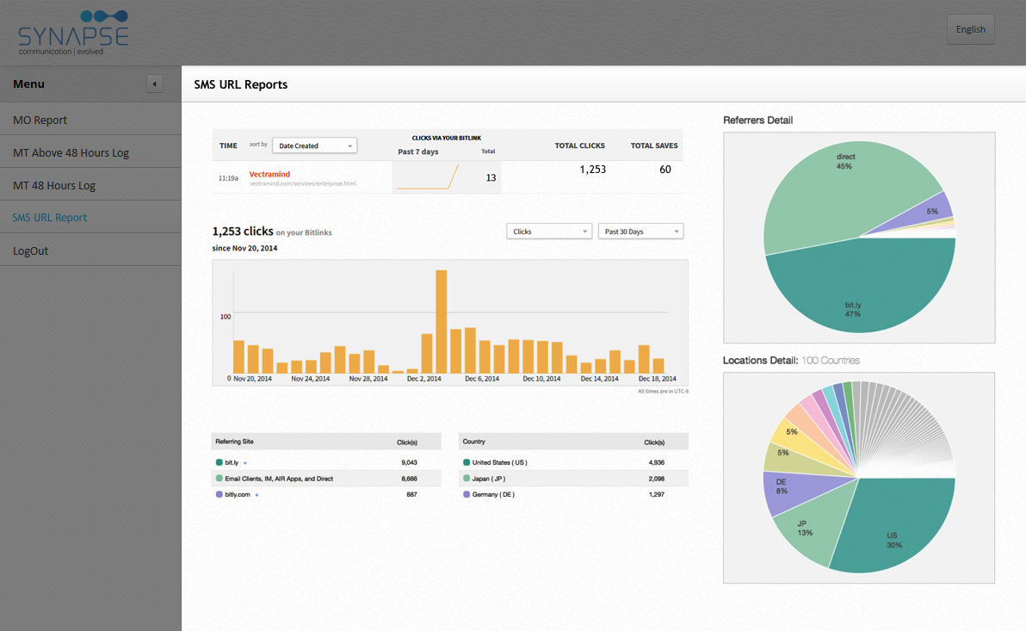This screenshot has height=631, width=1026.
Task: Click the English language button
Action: [970, 29]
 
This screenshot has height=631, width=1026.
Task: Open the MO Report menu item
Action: [40, 120]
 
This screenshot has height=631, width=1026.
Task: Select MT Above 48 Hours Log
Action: [71, 152]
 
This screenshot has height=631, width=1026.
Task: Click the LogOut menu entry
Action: [31, 251]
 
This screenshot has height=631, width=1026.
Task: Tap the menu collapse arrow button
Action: [154, 84]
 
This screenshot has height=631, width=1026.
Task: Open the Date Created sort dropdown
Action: [314, 145]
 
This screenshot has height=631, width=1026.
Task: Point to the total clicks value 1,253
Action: [592, 170]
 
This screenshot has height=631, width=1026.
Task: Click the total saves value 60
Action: [665, 170]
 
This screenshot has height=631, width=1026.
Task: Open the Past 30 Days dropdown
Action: [640, 232]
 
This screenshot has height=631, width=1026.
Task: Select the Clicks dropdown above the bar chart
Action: [549, 232]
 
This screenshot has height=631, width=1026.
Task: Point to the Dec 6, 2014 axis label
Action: [481, 379]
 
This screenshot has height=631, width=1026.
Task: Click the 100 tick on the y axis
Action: [226, 317]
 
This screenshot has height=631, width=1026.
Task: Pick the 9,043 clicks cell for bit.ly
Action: [409, 462]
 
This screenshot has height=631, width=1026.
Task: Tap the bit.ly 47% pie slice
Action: [852, 301]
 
